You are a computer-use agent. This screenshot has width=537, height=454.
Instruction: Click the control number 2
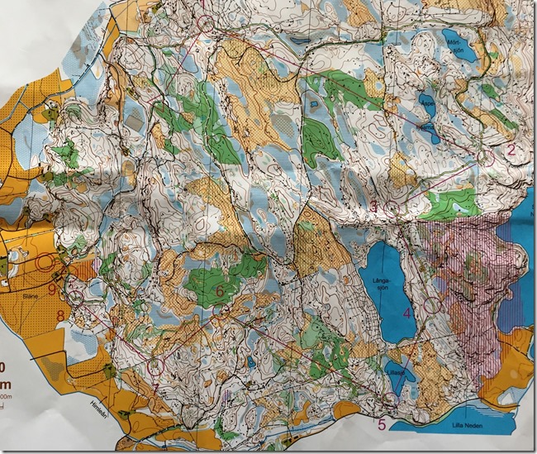pyautogui.click(x=511, y=150)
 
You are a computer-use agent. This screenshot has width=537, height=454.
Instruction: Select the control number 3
pyautogui.click(x=373, y=204)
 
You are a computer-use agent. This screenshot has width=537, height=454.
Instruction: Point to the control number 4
pyautogui.click(x=406, y=313)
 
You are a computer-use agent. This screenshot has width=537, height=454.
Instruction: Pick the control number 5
pyautogui.click(x=382, y=425)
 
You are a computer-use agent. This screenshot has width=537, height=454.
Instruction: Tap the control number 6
pyautogui.click(x=220, y=290)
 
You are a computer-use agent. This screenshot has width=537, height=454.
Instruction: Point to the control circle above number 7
pyautogui.click(x=157, y=364)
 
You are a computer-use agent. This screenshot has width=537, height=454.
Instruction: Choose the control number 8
pyautogui.click(x=59, y=315)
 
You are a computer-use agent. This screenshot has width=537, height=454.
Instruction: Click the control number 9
pyautogui.click(x=51, y=289)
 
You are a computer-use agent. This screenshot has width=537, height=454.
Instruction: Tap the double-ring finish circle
pyautogui.click(x=45, y=263)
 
